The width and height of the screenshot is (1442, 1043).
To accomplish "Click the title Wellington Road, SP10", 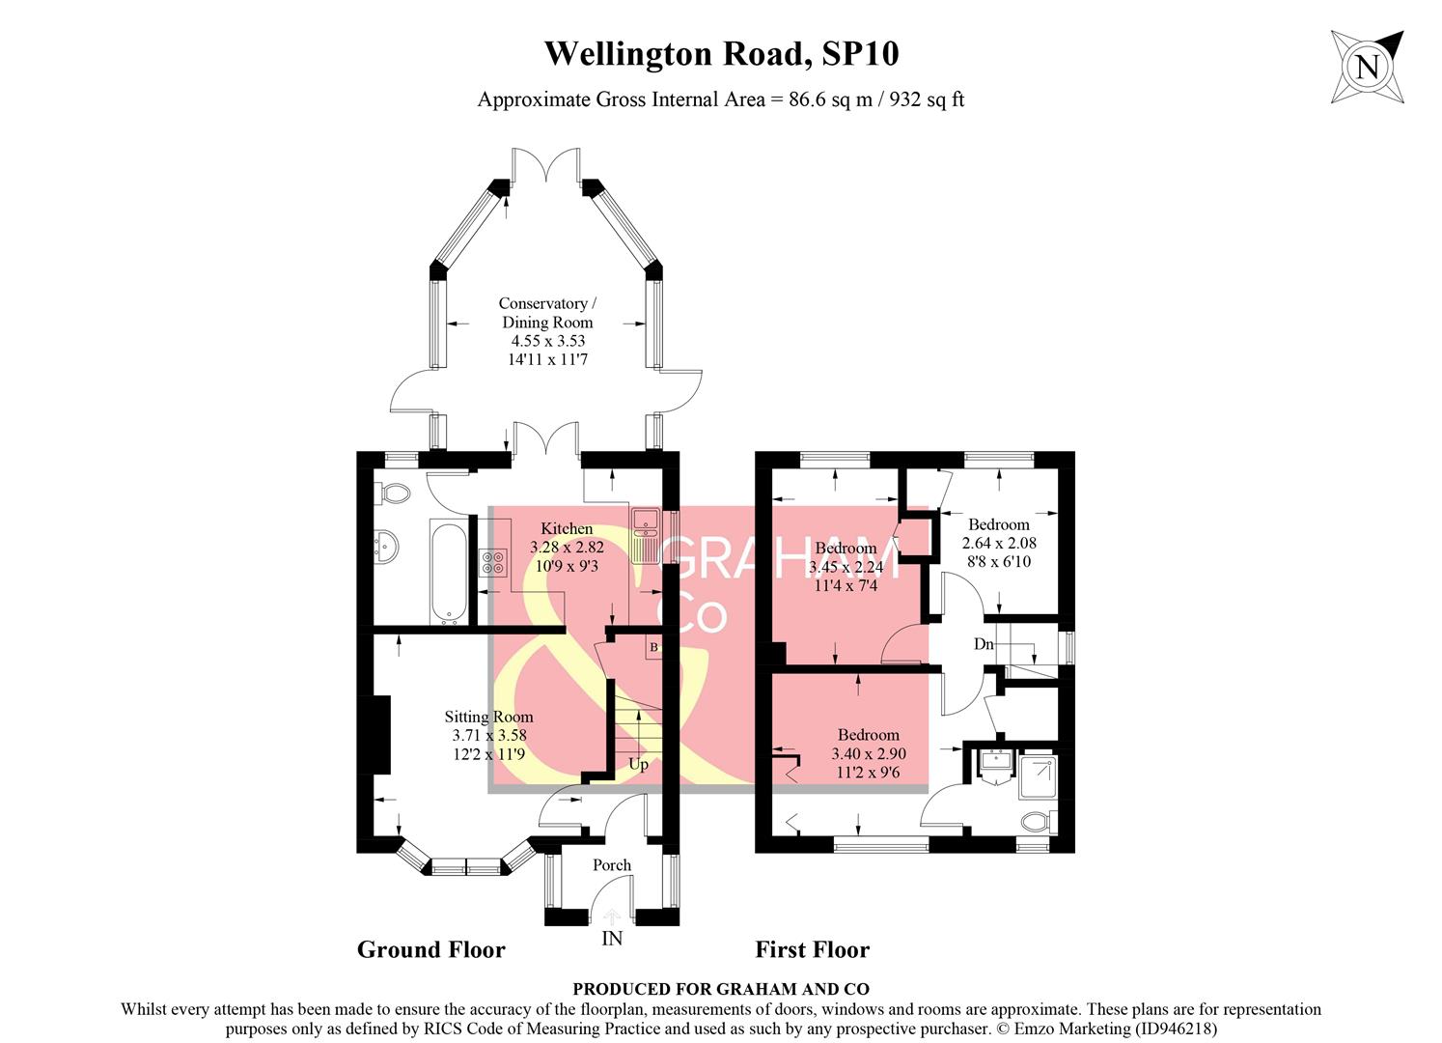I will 721,53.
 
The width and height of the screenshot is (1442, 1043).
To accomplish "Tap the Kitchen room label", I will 567,528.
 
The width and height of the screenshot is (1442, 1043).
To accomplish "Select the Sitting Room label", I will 488,717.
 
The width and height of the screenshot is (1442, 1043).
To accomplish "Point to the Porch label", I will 611,865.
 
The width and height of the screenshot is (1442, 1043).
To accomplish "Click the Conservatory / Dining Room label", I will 547,313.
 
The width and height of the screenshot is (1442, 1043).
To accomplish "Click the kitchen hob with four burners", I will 493,562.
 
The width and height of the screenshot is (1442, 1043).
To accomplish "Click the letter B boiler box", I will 653,646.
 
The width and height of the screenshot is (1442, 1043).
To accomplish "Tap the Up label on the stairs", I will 638,765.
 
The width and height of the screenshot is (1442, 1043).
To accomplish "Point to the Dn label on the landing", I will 983,644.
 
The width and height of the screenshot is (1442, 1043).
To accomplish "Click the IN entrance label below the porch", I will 612,939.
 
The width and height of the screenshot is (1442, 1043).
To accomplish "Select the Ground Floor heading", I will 430,950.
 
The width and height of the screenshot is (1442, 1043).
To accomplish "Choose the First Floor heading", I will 812,950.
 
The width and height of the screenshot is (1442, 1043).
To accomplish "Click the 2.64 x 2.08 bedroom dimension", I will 999,544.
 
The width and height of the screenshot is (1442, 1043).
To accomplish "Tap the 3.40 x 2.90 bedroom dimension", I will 869,753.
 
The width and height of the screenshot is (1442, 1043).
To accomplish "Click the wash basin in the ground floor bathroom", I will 387,547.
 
